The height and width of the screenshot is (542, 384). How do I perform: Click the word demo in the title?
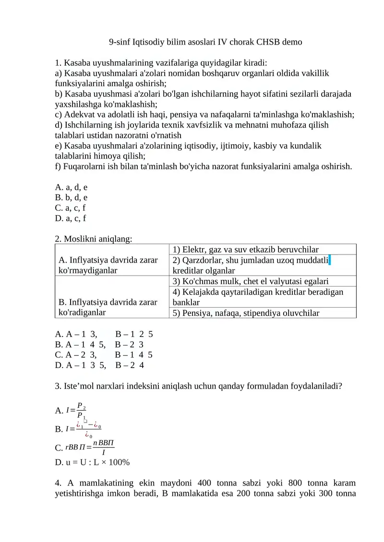click(x=292, y=42)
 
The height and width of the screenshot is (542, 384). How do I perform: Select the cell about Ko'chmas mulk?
click(x=250, y=281)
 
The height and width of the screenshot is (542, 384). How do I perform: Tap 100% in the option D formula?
click(x=118, y=462)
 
